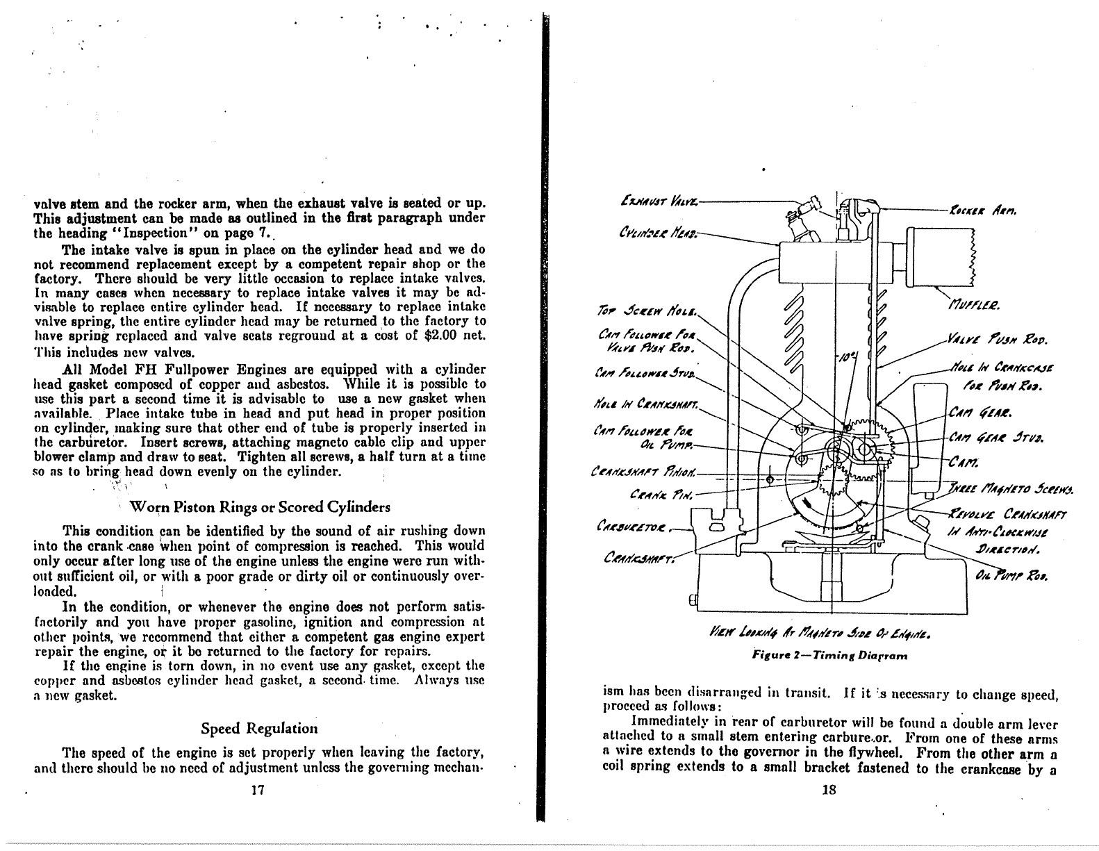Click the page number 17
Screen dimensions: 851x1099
coord(259,790)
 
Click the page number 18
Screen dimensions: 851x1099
coord(828,790)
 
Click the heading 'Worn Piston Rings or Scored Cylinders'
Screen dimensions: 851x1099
coord(260,506)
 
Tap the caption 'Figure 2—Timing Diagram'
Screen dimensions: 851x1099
coord(829,654)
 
